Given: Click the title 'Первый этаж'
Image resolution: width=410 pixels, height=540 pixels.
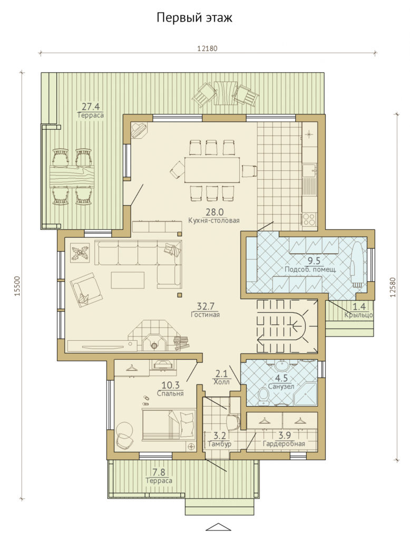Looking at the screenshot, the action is tap(194, 17).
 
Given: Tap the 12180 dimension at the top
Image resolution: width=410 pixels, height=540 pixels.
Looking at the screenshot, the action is tap(207, 49).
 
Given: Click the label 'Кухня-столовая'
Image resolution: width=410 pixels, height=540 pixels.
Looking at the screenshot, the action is tap(214, 220).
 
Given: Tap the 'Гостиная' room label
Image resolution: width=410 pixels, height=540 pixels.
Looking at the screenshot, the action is tap(206, 314).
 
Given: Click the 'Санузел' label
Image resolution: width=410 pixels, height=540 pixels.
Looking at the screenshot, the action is tap(281, 387).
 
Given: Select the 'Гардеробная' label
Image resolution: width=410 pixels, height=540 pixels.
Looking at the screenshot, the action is tap(284, 443).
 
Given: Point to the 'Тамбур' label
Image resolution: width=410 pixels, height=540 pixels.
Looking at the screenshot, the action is tap(220, 444).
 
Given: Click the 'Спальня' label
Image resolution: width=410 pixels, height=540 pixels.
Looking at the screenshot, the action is tap(170, 393).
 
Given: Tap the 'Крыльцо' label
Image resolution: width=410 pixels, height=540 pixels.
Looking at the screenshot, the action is tap(359, 315).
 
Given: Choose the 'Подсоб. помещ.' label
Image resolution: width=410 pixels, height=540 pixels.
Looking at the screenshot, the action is tap(310, 269).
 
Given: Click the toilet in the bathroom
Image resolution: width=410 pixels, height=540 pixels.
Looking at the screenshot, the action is tap(264, 397).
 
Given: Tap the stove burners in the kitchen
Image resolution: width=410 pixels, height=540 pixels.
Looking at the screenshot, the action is tap(309, 219).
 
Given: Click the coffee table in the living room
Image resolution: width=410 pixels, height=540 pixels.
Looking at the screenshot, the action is tap(128, 280).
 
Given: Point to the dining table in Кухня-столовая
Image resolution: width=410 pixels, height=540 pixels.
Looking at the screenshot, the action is tap(212, 169).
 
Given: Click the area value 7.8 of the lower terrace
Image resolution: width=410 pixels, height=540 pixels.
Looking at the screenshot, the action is tap(159, 471).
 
